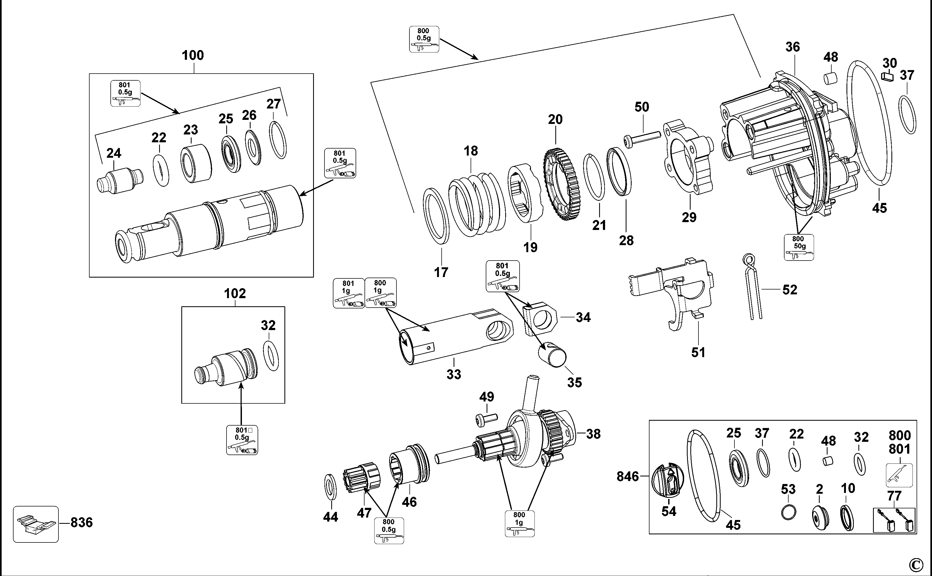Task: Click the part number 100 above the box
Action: click(192, 56)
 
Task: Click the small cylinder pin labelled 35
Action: click(552, 354)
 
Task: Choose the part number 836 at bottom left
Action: click(81, 523)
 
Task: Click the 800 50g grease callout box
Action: click(799, 248)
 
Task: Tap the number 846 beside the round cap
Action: click(628, 476)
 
